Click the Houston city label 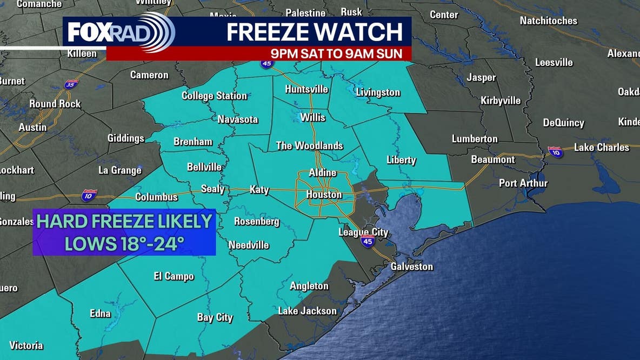pos(324,195)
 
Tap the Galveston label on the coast pos(412,266)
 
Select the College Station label pos(214,96)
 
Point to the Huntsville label pos(306,89)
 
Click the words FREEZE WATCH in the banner pos(315,32)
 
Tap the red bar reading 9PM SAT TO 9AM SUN pos(341,54)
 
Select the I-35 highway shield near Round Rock pos(71,84)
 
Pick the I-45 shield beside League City pos(368,241)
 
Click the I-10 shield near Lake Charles pos(555,152)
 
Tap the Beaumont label pos(493,159)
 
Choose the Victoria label pos(26,345)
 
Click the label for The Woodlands pos(309,145)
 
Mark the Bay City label pos(215,317)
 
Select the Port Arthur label pos(523,183)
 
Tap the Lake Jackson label pos(307,311)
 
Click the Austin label pos(32,128)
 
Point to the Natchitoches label pos(548,21)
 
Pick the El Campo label pos(174,276)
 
